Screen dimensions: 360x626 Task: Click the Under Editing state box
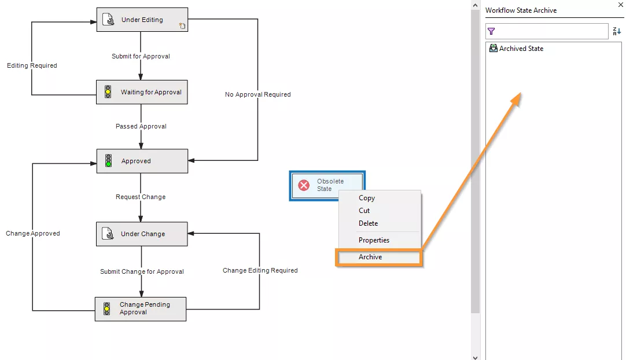pos(142,20)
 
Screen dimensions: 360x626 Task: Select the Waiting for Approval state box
pos(142,92)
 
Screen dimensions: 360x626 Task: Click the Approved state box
pos(142,161)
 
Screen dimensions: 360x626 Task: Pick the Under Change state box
pos(142,234)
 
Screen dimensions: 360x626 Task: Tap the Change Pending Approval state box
pos(141,308)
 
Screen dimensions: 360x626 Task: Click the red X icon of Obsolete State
pos(304,185)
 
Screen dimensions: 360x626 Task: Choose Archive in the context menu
pos(370,257)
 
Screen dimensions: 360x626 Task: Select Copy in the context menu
pos(367,198)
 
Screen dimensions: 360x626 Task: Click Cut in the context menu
pos(364,211)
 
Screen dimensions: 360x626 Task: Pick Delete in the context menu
pos(368,223)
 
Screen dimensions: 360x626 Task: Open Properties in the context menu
pos(374,240)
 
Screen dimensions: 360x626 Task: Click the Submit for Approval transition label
pos(141,57)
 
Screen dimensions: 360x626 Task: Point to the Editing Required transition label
pos(32,66)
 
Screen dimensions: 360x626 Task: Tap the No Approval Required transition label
pos(257,94)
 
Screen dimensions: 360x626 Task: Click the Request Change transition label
pos(141,197)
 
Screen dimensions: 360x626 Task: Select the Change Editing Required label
pos(260,270)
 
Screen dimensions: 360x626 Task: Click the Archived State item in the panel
pos(521,49)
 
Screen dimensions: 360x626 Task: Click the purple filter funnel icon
pos(491,31)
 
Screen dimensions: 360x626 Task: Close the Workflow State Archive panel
pos(620,4)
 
